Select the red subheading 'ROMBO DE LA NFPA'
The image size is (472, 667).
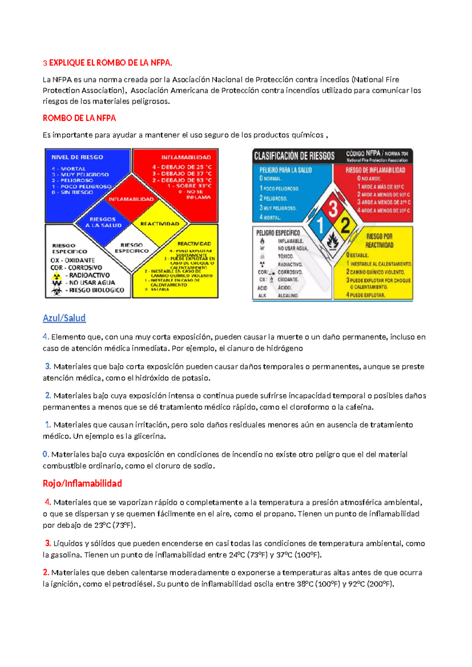pyautogui.click(x=79, y=118)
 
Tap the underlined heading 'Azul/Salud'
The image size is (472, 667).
pyautogui.click(x=64, y=318)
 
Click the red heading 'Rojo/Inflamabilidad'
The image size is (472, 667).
pyautogui.click(x=82, y=483)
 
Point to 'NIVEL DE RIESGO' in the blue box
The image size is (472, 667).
pyautogui.click(x=77, y=157)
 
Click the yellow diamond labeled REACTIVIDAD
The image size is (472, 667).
pyautogui.click(x=160, y=223)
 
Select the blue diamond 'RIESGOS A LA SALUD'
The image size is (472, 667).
pyautogui.click(x=103, y=223)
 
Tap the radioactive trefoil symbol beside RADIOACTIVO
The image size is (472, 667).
pyautogui.click(x=57, y=275)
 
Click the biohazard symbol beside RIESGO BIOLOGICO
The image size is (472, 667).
pyautogui.click(x=57, y=291)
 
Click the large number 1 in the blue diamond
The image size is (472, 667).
pyautogui.click(x=320, y=225)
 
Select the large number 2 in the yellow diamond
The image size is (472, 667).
pyautogui.click(x=346, y=225)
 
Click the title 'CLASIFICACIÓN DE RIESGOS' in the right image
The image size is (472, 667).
pyautogui.click(x=294, y=156)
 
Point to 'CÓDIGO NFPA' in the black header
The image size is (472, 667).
pyautogui.click(x=363, y=153)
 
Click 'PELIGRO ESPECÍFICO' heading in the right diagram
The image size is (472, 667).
pyautogui.click(x=278, y=233)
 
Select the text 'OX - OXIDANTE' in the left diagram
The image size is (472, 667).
pyautogui.click(x=72, y=260)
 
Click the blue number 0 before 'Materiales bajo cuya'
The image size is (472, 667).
pyautogui.click(x=45, y=454)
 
